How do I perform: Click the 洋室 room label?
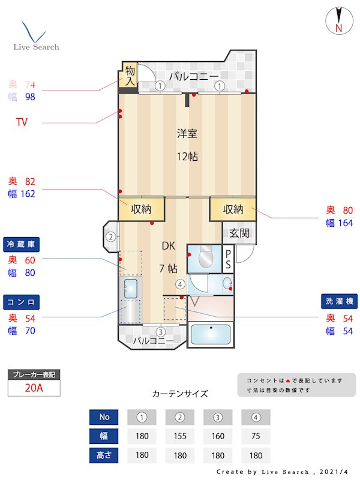point(187,133)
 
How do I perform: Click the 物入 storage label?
point(130,76)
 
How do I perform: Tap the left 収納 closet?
point(142,209)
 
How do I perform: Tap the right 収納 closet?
point(233,209)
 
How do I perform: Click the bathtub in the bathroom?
point(211,335)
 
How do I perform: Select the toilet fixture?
point(206,256)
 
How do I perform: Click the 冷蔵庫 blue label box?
point(22,245)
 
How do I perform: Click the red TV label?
point(22,123)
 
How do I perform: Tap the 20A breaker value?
point(34,388)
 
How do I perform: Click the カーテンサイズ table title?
point(180,394)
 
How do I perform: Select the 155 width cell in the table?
point(179,436)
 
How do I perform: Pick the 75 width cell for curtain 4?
point(256,436)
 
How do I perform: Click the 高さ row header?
point(104,455)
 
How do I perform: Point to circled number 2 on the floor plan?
point(110,236)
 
